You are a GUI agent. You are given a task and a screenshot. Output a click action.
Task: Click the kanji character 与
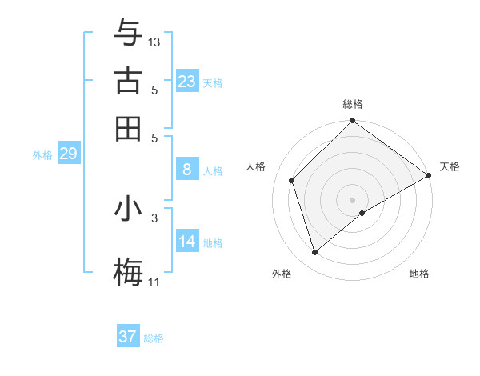[x=128, y=34]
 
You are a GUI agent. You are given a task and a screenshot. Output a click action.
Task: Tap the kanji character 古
[x=128, y=81]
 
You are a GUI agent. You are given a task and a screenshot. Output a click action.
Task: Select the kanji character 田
[x=128, y=128]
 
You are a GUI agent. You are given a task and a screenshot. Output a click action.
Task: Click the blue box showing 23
[x=187, y=82]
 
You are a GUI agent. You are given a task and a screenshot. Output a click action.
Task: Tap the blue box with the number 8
[x=187, y=170]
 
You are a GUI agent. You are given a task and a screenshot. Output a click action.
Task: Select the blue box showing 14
[x=187, y=242]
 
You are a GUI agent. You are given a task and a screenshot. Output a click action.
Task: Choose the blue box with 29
[x=68, y=154]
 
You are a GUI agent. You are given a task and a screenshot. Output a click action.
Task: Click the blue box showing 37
[x=128, y=337]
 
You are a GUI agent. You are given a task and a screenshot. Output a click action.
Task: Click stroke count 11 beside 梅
[x=154, y=282]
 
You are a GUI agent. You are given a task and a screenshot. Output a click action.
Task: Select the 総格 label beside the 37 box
[x=154, y=338]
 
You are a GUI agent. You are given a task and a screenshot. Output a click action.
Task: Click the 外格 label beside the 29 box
[x=42, y=155]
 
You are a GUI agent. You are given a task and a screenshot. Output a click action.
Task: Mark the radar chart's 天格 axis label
[x=450, y=166]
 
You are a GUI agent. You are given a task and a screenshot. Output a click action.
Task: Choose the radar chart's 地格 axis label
[x=419, y=274]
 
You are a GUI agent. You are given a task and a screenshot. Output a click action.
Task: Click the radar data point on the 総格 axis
[x=352, y=122]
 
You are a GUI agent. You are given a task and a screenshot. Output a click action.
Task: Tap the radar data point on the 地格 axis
[x=362, y=213]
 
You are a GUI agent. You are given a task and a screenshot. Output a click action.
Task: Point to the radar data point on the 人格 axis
[x=292, y=180]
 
